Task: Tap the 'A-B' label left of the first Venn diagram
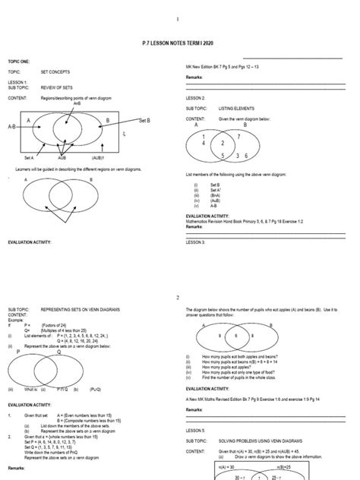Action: [14, 127]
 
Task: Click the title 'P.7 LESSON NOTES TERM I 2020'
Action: [179, 47]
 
